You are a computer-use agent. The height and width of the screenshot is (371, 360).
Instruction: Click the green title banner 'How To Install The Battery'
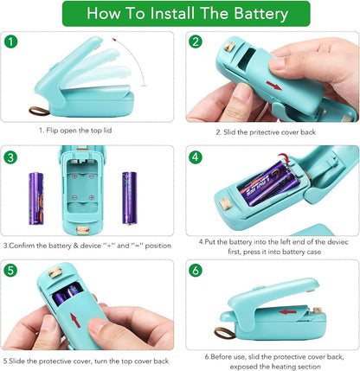(179, 14)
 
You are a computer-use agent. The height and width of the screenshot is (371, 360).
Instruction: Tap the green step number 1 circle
(10, 42)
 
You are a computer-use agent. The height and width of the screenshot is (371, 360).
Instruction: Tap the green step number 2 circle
(195, 42)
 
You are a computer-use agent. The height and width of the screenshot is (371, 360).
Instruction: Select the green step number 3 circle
(10, 157)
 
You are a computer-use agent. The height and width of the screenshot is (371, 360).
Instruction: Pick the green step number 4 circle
(195, 157)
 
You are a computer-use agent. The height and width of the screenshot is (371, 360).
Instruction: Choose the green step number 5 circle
(10, 271)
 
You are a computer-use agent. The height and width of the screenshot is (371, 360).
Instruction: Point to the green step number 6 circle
(195, 271)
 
